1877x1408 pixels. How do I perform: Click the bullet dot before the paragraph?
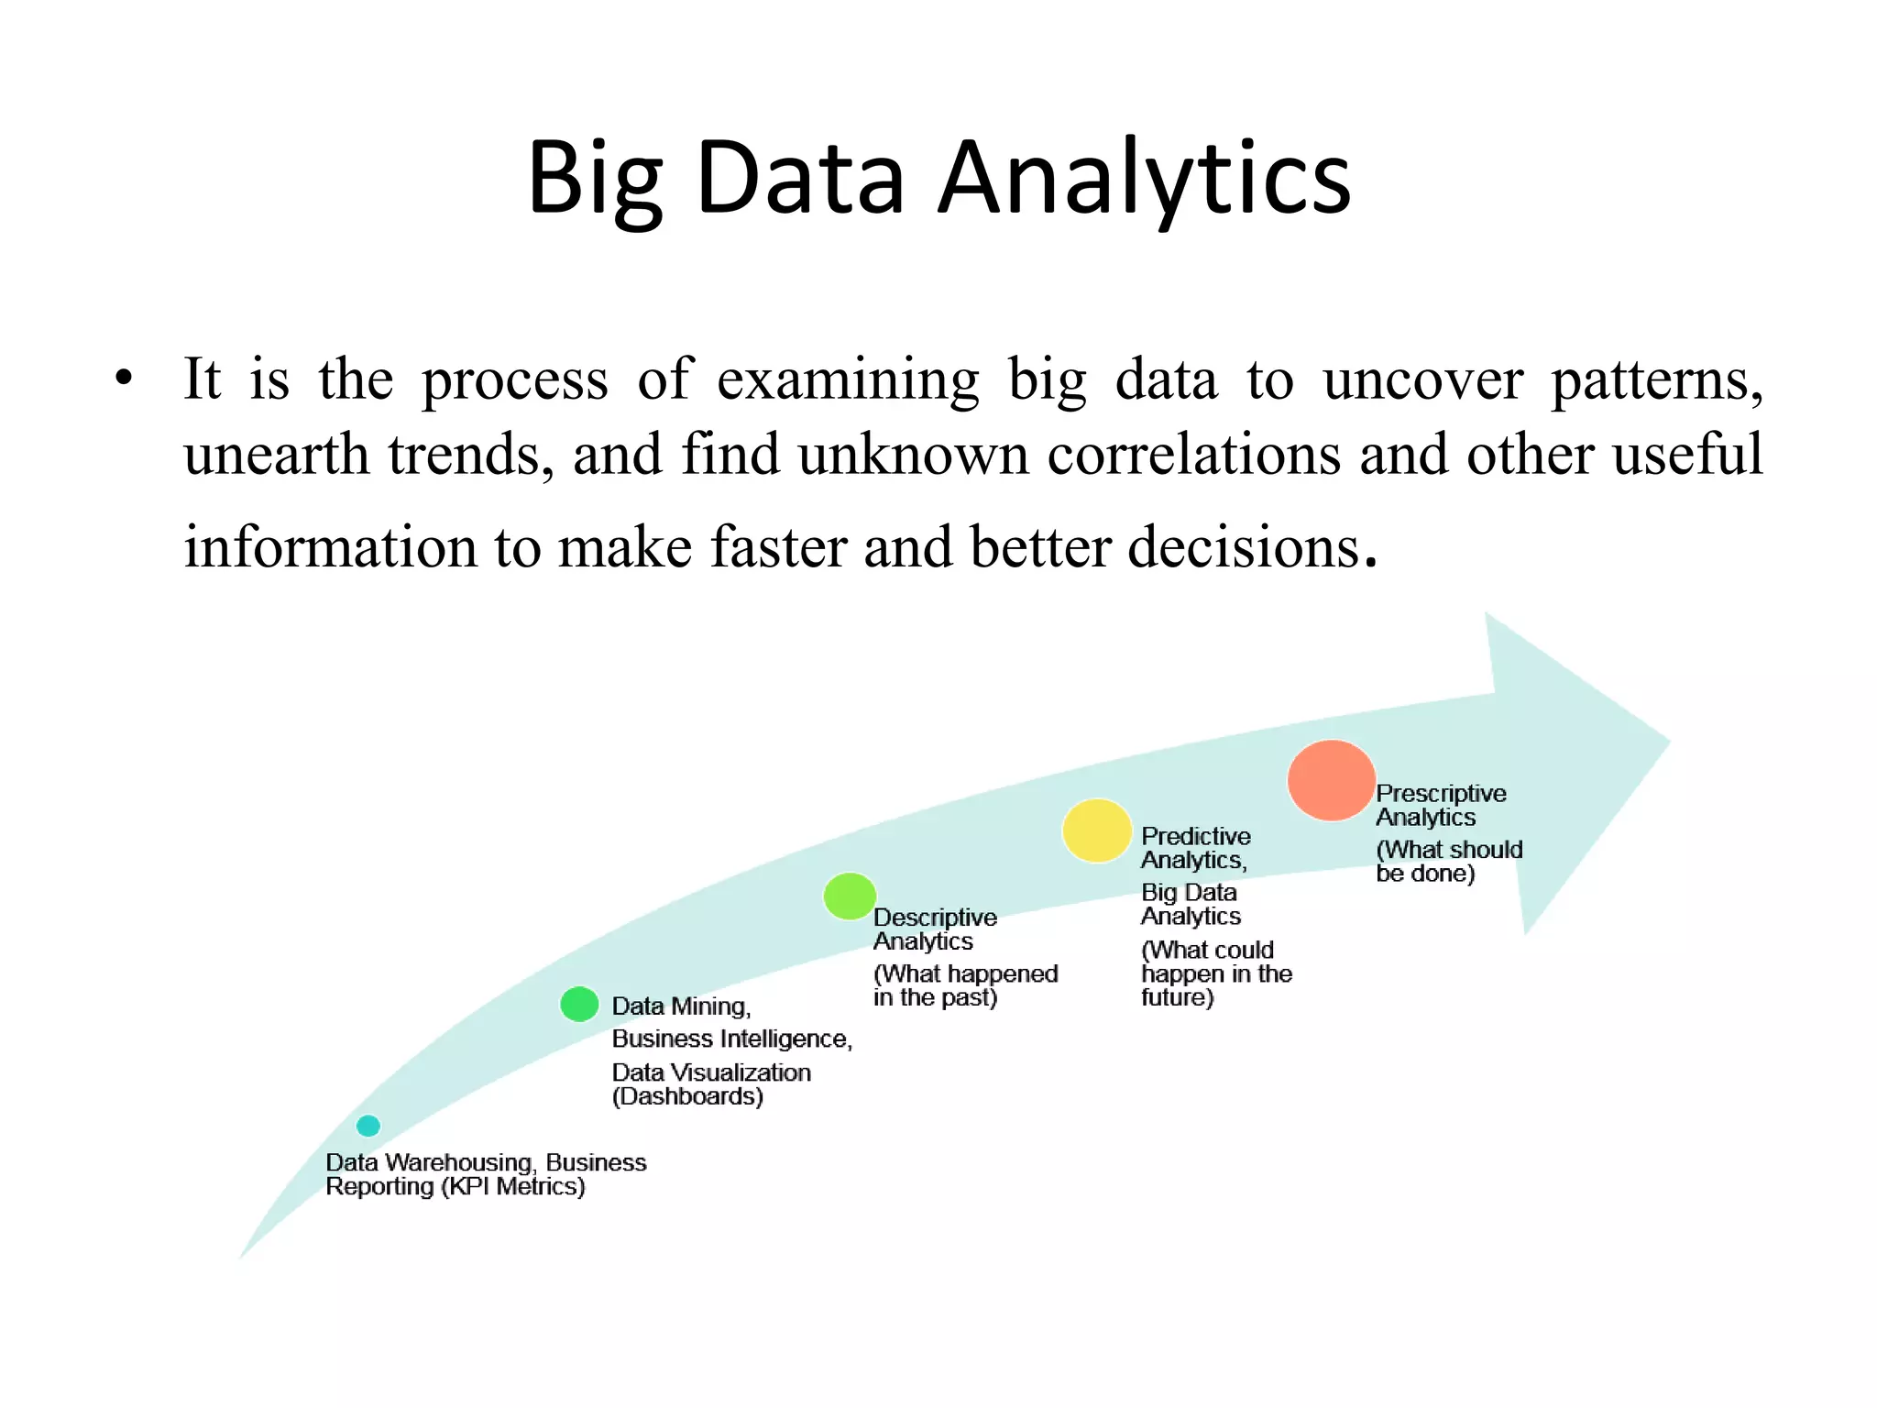[x=125, y=379]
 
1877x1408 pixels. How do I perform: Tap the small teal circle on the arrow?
[x=368, y=1126]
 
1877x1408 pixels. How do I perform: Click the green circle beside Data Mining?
[x=579, y=1004]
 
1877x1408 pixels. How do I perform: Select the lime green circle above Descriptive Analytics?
[x=850, y=896]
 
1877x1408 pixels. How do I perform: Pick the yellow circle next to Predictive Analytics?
[x=1096, y=830]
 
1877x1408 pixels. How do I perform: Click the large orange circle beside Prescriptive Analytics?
[x=1331, y=780]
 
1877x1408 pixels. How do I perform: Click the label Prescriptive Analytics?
[x=1440, y=805]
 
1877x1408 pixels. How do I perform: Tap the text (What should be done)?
[x=1448, y=862]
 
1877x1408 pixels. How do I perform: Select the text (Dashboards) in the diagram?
[x=687, y=1096]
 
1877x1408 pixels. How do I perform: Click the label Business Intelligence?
[x=731, y=1039]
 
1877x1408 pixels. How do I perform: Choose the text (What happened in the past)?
[x=964, y=985]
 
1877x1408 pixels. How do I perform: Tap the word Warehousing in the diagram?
[x=459, y=1162]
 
